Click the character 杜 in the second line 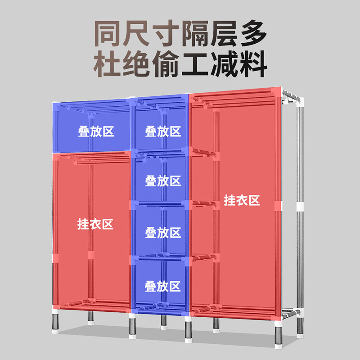(107, 63)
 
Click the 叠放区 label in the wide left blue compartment (96, 131)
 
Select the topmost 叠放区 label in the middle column (163, 131)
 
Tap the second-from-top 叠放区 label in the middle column (163, 181)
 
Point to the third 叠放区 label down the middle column (163, 232)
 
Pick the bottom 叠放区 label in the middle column (162, 286)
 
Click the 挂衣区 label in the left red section (95, 224)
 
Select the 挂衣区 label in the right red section (242, 200)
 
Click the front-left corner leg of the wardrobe (55, 321)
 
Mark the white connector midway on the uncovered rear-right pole (300, 207)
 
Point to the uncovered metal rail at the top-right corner (291, 96)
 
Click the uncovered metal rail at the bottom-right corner (291, 314)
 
